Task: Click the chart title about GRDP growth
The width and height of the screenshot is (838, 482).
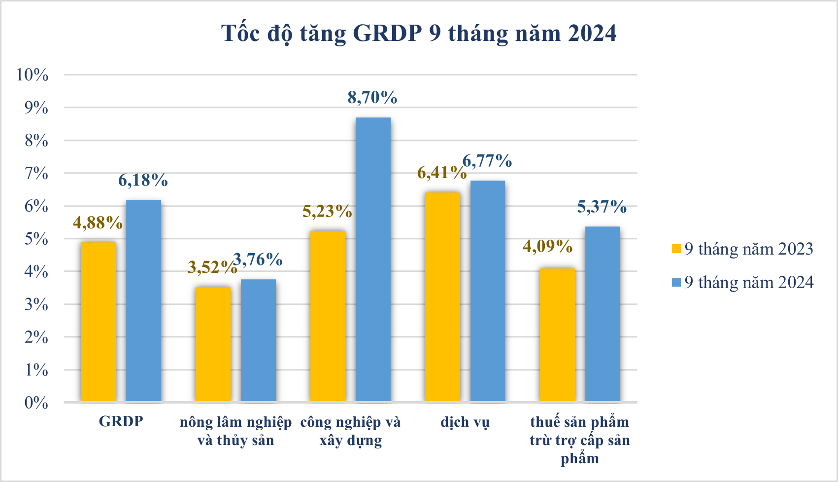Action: [x=419, y=34]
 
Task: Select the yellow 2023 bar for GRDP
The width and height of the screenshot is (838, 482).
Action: [x=98, y=322]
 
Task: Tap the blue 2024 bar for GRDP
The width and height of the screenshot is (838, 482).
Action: [x=144, y=301]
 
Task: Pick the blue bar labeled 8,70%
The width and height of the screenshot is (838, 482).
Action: [x=373, y=260]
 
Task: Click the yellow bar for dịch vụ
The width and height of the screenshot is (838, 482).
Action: [x=442, y=297]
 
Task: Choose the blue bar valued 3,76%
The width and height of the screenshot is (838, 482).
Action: [x=258, y=340]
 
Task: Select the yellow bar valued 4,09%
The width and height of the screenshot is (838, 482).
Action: [x=557, y=335]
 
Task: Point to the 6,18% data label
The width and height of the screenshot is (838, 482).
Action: [x=143, y=181]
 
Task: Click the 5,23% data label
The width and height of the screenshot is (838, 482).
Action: [x=327, y=212]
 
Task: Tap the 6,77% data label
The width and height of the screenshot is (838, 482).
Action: [x=487, y=161]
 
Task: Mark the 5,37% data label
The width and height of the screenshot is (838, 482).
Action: [x=602, y=207]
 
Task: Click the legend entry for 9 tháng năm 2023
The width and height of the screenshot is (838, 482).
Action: [x=742, y=249]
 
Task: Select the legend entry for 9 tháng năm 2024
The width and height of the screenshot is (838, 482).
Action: [x=742, y=282]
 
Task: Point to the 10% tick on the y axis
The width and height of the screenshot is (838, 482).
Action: [x=32, y=75]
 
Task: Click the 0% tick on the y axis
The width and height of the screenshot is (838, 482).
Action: [x=36, y=403]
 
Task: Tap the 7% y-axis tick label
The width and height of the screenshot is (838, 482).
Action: [x=36, y=173]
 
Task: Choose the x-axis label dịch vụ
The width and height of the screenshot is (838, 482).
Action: [x=465, y=422]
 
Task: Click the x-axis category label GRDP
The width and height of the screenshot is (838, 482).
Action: [x=121, y=421]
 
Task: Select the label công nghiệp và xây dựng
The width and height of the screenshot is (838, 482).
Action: [x=351, y=431]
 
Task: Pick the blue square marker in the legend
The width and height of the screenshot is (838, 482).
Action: [x=676, y=282]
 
